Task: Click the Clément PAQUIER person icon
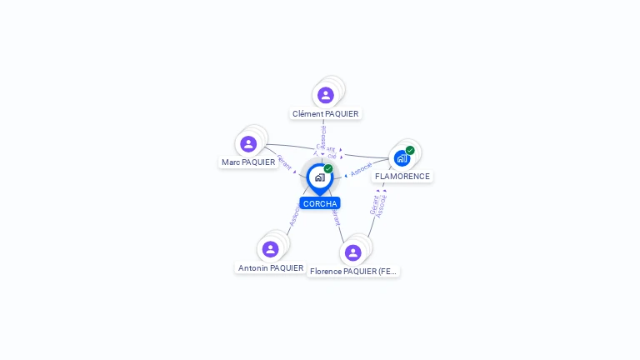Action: pyautogui.click(x=326, y=95)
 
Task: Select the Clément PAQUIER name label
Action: pyautogui.click(x=325, y=113)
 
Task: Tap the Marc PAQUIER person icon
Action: pyautogui.click(x=248, y=144)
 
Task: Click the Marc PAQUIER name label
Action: pyautogui.click(x=248, y=162)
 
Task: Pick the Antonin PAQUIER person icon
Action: pyautogui.click(x=270, y=249)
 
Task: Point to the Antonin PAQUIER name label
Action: pyautogui.click(x=271, y=267)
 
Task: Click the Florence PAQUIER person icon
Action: pyautogui.click(x=352, y=252)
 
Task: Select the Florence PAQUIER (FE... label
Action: pyautogui.click(x=353, y=271)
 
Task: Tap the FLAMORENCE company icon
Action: pyautogui.click(x=402, y=158)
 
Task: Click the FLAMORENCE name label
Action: pyautogui.click(x=402, y=177)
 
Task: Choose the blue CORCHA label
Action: pyautogui.click(x=320, y=203)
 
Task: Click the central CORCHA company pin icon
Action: pyautogui.click(x=319, y=177)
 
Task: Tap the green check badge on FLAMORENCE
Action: pyautogui.click(x=410, y=150)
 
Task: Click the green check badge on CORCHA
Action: pyautogui.click(x=328, y=169)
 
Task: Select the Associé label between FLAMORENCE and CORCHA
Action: pyautogui.click(x=362, y=169)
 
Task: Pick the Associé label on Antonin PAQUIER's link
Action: pyautogui.click(x=294, y=215)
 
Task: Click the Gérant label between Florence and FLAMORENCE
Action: pyautogui.click(x=374, y=205)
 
